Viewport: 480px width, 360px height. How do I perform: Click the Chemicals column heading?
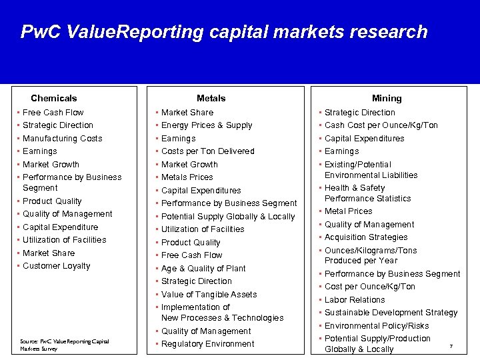click(54, 98)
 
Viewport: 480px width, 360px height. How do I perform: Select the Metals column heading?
click(211, 98)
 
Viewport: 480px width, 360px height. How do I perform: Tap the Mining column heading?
click(387, 98)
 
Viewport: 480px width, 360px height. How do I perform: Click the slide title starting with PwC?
click(224, 32)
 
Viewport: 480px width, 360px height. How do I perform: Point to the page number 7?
click(451, 346)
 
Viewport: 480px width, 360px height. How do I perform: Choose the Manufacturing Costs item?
click(62, 138)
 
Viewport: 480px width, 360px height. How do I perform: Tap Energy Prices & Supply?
click(207, 125)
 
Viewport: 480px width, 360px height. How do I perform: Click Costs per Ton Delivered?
click(207, 151)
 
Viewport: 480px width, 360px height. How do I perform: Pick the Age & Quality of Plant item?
click(203, 268)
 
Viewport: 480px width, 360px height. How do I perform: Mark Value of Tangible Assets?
click(209, 294)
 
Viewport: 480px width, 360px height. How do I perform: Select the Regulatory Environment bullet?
click(207, 344)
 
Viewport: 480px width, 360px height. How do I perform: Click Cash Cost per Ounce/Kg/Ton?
click(381, 125)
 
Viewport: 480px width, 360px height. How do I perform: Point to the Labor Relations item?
click(355, 300)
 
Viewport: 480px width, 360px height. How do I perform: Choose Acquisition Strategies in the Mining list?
click(366, 237)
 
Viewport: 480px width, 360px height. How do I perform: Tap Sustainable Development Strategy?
click(391, 313)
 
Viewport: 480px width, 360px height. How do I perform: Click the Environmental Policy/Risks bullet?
click(377, 326)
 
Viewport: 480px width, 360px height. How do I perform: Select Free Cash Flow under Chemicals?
click(53, 113)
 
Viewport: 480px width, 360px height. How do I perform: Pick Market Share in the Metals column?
click(187, 113)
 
